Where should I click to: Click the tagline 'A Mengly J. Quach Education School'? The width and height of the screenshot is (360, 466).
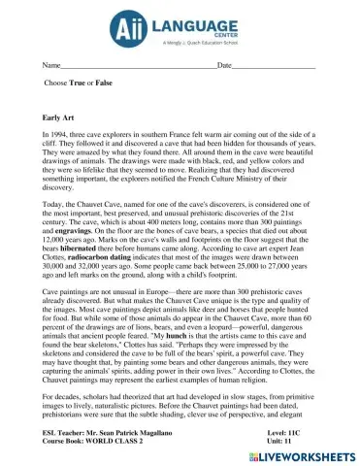point(197,43)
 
